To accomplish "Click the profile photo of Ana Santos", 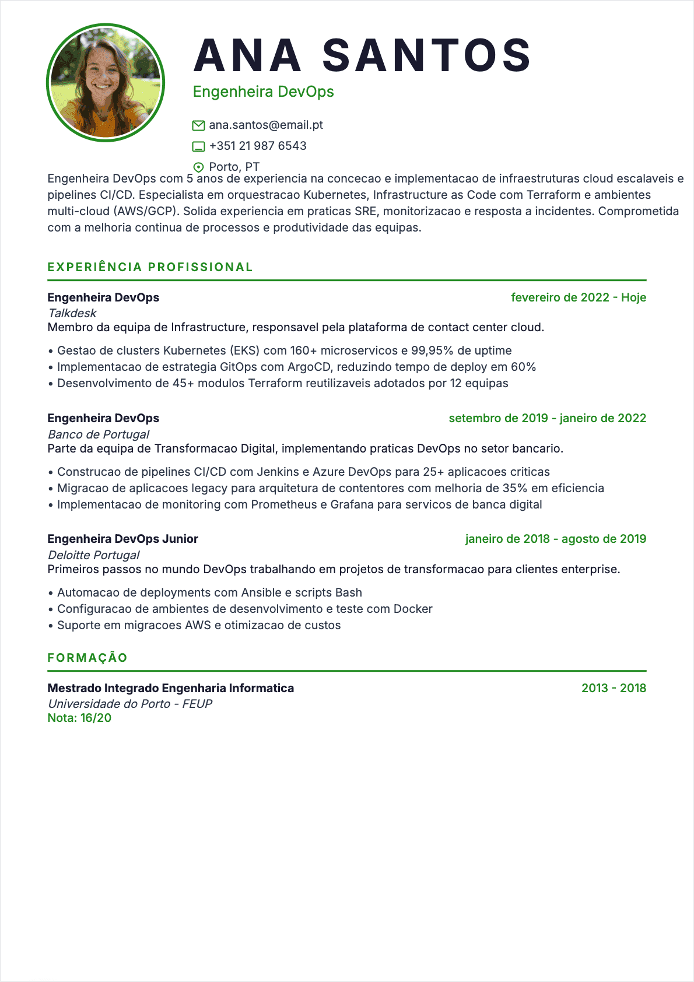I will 106,82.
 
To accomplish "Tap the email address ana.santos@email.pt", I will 266,125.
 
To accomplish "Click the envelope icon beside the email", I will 198,125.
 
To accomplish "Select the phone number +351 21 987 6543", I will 258,146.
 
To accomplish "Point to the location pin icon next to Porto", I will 198,167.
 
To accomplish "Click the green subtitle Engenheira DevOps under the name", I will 263,92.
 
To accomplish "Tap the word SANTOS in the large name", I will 426,55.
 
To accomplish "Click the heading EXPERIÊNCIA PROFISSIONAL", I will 150,267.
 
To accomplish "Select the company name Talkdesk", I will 72,313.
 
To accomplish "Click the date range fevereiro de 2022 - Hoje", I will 579,297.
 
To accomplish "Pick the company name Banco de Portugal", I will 99,434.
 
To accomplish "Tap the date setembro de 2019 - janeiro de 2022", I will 547,418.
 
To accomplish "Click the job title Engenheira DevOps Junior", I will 122,539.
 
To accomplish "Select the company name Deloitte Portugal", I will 93,555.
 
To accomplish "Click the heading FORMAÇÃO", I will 87,658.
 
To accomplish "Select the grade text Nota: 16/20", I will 79,718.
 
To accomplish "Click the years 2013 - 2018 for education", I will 614,688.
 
